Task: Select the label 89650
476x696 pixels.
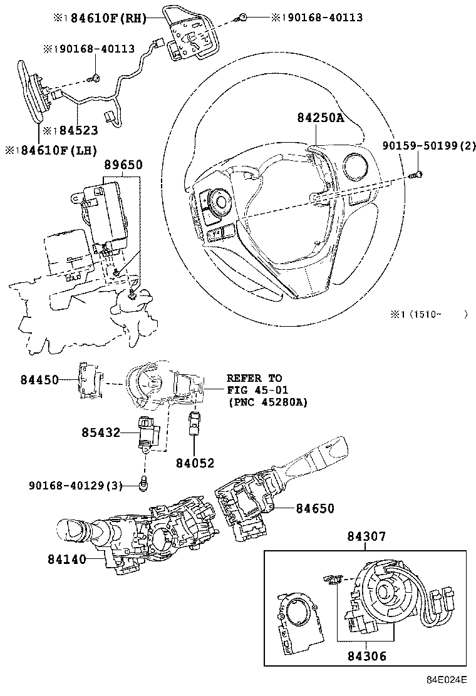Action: pyautogui.click(x=123, y=165)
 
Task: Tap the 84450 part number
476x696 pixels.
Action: pyautogui.click(x=39, y=380)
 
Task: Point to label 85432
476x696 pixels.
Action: pyautogui.click(x=101, y=432)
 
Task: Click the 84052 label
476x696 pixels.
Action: pyautogui.click(x=195, y=463)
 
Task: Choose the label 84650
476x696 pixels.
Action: pyautogui.click(x=315, y=508)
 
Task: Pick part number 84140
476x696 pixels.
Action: pyautogui.click(x=67, y=560)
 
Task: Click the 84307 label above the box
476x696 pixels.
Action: pyautogui.click(x=366, y=536)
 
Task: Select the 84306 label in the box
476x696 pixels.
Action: pyautogui.click(x=367, y=655)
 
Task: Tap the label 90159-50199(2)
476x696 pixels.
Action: pyautogui.click(x=429, y=146)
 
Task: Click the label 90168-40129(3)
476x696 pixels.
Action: pyautogui.click(x=76, y=486)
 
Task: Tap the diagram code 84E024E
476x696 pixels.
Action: pyautogui.click(x=447, y=680)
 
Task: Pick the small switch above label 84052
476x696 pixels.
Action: pyautogui.click(x=194, y=424)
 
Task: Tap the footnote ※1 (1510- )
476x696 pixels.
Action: pyautogui.click(x=428, y=315)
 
